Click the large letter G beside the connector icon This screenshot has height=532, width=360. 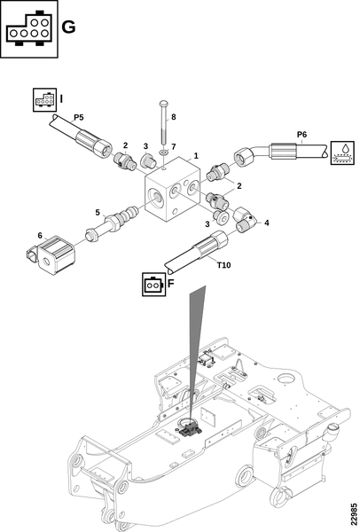pyautogui.click(x=68, y=27)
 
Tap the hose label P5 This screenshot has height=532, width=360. pyautogui.click(x=79, y=117)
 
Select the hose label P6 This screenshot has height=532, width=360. pyautogui.click(x=301, y=135)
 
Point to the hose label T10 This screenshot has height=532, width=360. pyautogui.click(x=224, y=265)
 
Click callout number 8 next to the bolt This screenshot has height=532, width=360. pyautogui.click(x=174, y=117)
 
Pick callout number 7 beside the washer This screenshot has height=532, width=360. pyautogui.click(x=174, y=147)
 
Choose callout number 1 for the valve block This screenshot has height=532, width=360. pyautogui.click(x=196, y=156)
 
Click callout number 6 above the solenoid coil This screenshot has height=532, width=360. pyautogui.click(x=40, y=236)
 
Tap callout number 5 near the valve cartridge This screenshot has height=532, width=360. pyautogui.click(x=98, y=213)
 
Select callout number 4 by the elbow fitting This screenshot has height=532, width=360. pyautogui.click(x=266, y=223)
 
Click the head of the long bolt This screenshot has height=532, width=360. pyautogui.click(x=164, y=103)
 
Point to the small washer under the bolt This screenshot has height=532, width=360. pyautogui.click(x=163, y=152)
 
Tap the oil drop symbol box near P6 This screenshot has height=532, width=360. pyautogui.click(x=342, y=153)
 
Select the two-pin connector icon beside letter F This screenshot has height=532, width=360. pyautogui.click(x=153, y=284)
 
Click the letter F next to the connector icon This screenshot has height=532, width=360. pyautogui.click(x=171, y=284)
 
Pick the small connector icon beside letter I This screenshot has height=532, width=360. pyautogui.click(x=45, y=99)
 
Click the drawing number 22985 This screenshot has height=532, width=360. pyautogui.click(x=354, y=513)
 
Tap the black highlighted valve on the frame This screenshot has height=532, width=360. pyautogui.click(x=190, y=429)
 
